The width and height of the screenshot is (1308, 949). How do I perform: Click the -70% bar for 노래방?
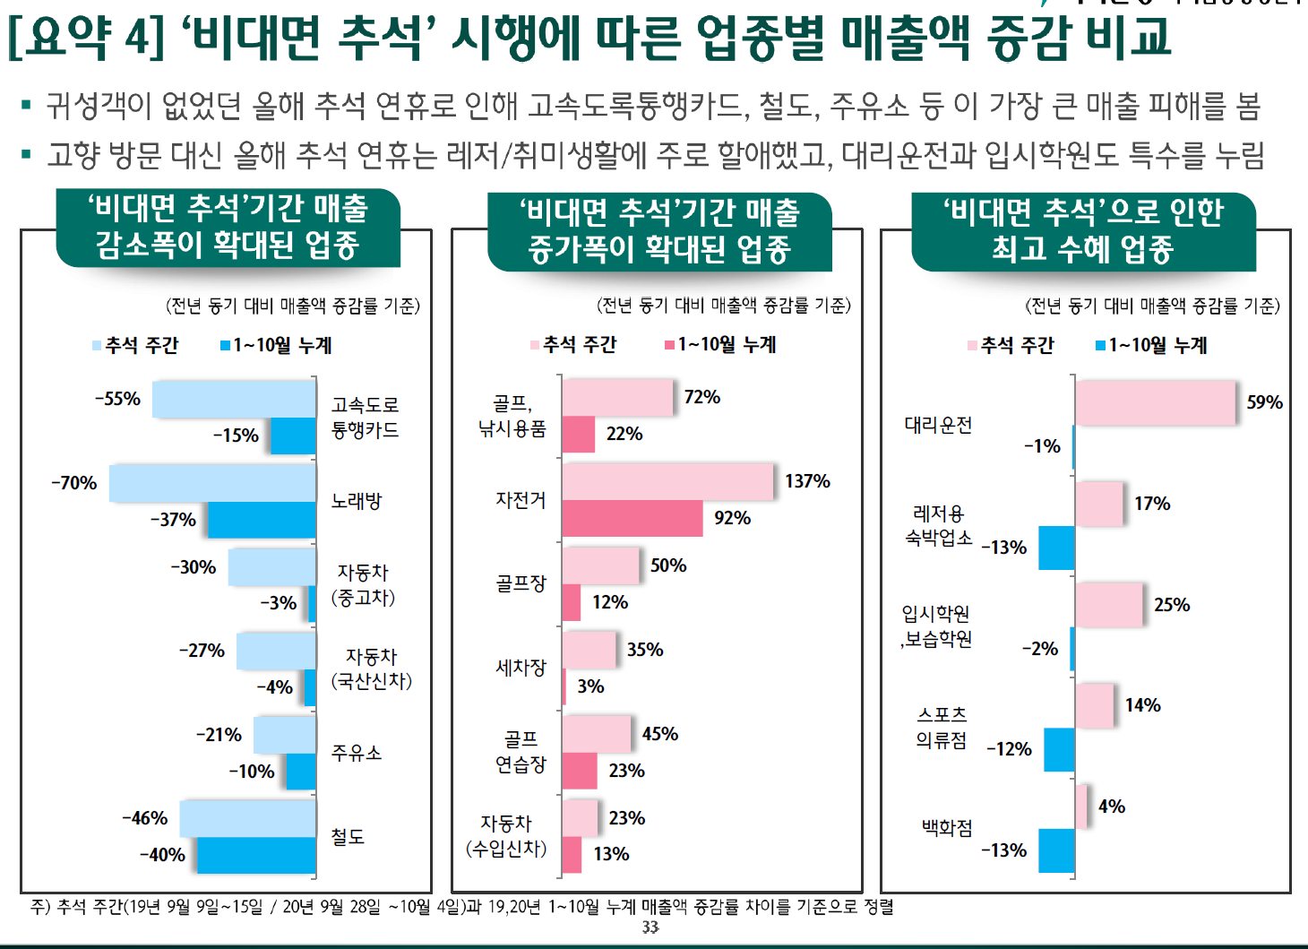pyautogui.click(x=212, y=483)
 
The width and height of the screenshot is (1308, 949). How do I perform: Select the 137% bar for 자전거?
pyautogui.click(x=667, y=481)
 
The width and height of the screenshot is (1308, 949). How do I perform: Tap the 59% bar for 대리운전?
pyautogui.click(x=1156, y=402)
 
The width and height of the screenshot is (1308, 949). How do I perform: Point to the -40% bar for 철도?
pyautogui.click(x=256, y=855)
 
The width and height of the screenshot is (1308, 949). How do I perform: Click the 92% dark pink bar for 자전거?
pyautogui.click(x=632, y=518)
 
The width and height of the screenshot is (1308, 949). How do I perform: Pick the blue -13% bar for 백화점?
pyautogui.click(x=1056, y=850)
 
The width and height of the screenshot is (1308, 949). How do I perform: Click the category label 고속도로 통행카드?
pyautogui.click(x=365, y=418)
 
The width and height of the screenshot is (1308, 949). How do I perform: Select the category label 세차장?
pyautogui.click(x=521, y=668)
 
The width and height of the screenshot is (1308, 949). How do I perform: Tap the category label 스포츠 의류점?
pyautogui.click(x=941, y=727)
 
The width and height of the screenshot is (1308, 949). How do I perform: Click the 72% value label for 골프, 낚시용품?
pyautogui.click(x=701, y=397)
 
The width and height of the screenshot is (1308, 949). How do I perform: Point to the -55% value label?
pyautogui.click(x=118, y=399)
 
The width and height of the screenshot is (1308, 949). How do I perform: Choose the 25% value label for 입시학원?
pyautogui.click(x=1171, y=605)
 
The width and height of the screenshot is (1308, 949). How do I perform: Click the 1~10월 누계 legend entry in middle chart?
pyautogui.click(x=720, y=345)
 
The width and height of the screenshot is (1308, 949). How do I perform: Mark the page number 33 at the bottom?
pyautogui.click(x=650, y=927)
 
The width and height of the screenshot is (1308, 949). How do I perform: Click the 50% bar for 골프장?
pyautogui.click(x=600, y=565)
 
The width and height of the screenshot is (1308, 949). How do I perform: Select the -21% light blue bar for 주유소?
pyautogui.click(x=284, y=735)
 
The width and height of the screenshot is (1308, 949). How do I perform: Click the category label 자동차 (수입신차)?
pyautogui.click(x=506, y=836)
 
